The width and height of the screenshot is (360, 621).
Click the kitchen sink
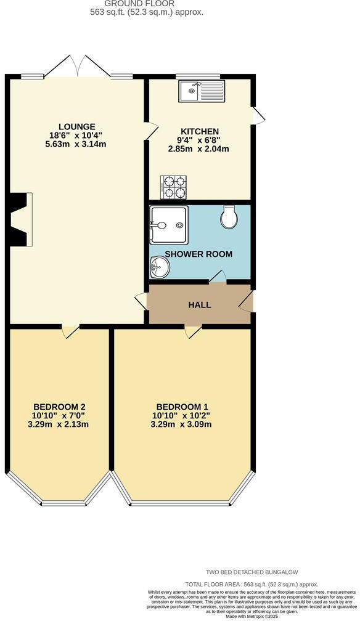(202, 92)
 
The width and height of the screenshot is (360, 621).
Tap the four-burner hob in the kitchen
(173, 187)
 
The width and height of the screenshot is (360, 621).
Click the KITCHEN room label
(199, 131)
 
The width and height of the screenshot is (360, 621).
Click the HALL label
(199, 305)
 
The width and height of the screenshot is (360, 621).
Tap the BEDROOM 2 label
(59, 407)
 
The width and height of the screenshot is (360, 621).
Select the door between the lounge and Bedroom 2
(70, 330)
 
